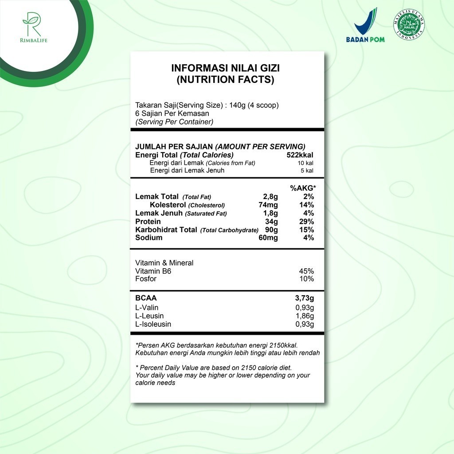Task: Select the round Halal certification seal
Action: (x=408, y=26)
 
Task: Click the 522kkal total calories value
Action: (x=300, y=155)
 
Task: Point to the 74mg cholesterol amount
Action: (x=268, y=205)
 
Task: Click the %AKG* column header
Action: (x=303, y=188)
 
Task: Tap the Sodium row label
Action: (x=149, y=238)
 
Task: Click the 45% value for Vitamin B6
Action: (x=306, y=271)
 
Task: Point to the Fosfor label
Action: (x=146, y=279)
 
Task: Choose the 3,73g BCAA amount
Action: (x=304, y=298)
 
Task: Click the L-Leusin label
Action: (x=149, y=316)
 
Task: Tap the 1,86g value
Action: (x=305, y=316)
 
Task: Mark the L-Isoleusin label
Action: (x=153, y=324)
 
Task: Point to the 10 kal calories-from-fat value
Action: (x=305, y=163)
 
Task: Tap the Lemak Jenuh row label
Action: (x=159, y=213)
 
